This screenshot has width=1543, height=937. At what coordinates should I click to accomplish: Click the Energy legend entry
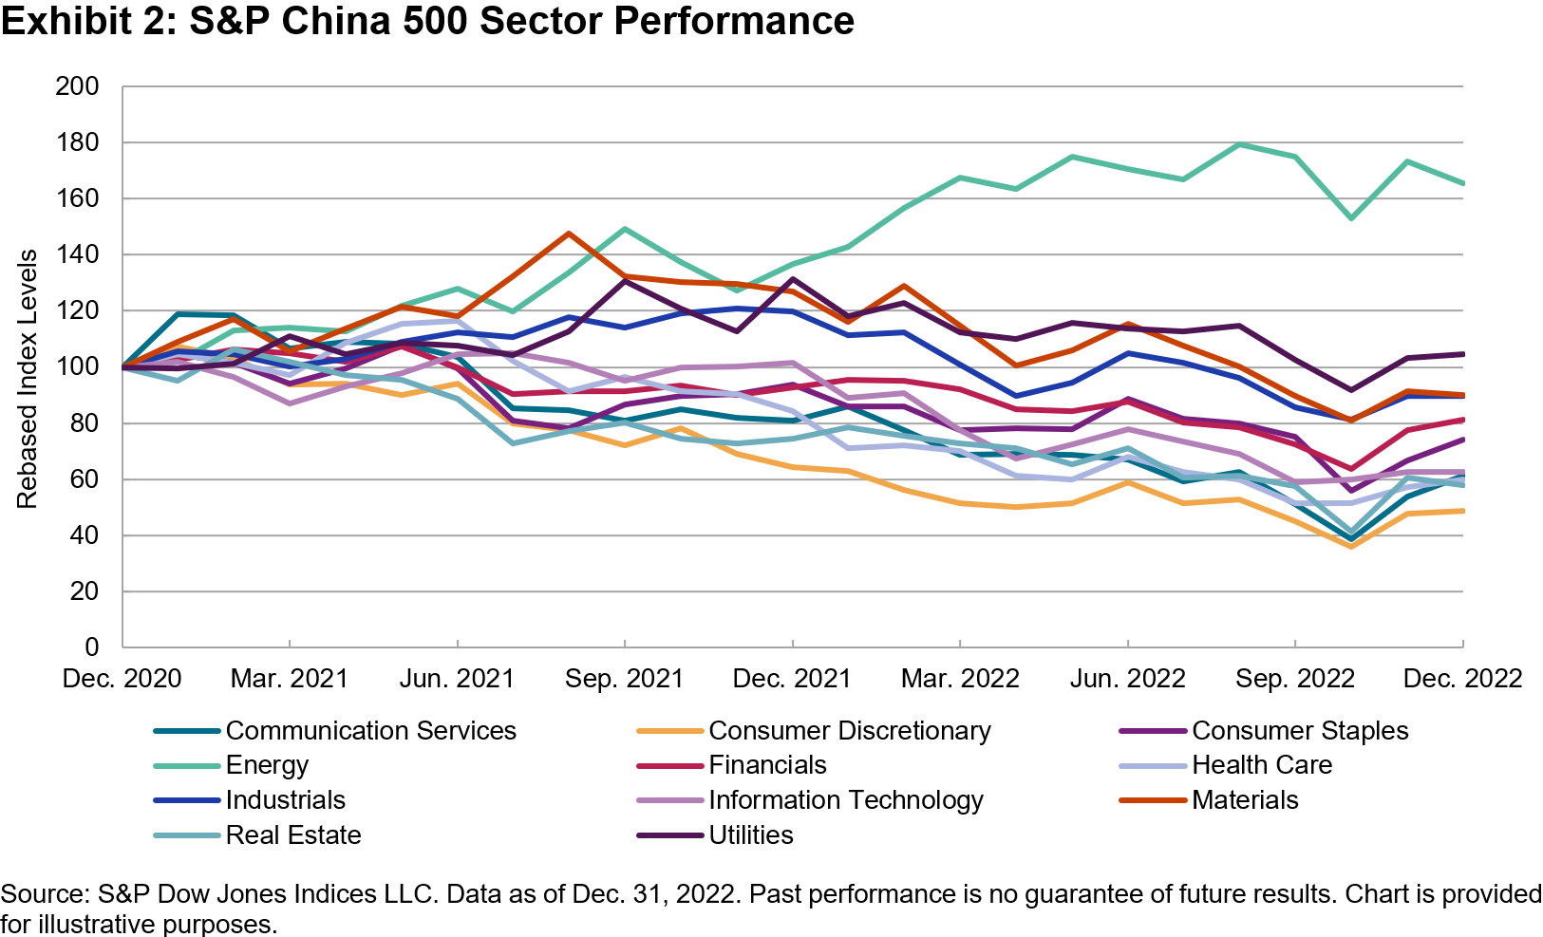click(x=267, y=765)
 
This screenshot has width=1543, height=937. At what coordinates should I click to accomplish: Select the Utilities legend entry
click(x=750, y=835)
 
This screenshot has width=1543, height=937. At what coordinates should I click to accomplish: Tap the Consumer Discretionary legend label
click(x=849, y=731)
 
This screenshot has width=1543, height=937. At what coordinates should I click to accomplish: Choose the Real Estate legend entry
click(x=292, y=835)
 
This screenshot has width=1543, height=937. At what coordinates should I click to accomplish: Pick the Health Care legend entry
click(x=1261, y=765)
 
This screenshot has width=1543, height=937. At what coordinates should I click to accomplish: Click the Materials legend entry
click(x=1244, y=800)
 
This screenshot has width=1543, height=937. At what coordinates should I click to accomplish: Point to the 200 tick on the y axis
click(x=78, y=86)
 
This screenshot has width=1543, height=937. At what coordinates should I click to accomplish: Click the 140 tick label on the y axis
click(x=78, y=254)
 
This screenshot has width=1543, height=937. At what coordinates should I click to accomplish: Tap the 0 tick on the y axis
click(x=91, y=647)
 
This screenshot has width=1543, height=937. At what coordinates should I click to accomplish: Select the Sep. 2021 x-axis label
click(x=624, y=679)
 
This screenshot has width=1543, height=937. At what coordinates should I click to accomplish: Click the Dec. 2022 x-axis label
click(x=1462, y=679)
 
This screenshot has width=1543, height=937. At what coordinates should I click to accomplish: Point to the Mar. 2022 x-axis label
click(x=960, y=679)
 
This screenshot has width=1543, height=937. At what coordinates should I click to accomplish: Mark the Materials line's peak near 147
click(x=568, y=234)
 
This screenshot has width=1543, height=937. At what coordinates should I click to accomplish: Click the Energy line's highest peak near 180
click(x=1239, y=144)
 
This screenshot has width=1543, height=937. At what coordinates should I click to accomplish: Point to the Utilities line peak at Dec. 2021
click(x=792, y=279)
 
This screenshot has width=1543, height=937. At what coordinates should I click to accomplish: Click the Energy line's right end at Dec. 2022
click(x=1462, y=183)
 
